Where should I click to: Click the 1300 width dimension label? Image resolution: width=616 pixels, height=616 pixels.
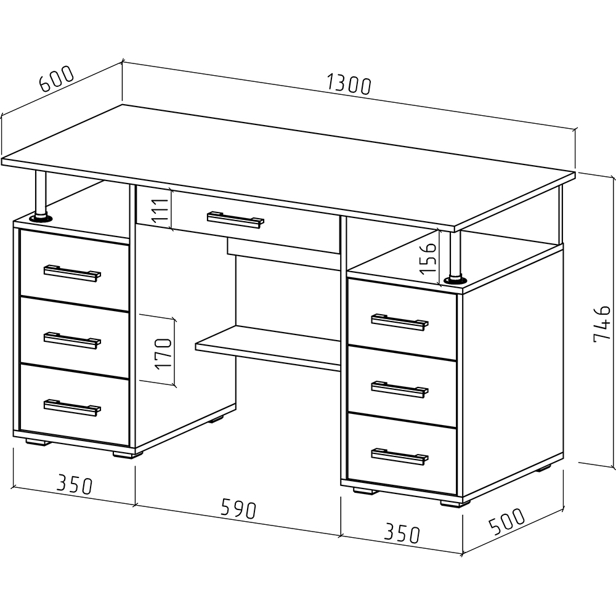click(x=349, y=85)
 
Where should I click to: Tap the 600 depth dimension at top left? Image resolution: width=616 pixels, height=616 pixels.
click(x=57, y=79)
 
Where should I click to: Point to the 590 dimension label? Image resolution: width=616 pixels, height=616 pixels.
click(x=238, y=509)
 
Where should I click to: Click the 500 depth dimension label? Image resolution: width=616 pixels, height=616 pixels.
click(x=506, y=521)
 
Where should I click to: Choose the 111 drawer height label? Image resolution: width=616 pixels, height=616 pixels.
click(x=161, y=211)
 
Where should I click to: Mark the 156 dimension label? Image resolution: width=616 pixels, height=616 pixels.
click(x=428, y=258)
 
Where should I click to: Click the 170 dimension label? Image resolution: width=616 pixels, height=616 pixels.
click(x=163, y=353)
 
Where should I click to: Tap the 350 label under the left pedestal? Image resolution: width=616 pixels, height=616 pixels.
click(x=75, y=484)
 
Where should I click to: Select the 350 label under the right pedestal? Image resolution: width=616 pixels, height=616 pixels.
click(x=402, y=533)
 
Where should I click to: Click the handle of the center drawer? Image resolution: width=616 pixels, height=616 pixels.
click(x=236, y=220)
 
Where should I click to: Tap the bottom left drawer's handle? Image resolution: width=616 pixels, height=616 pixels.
click(x=72, y=407)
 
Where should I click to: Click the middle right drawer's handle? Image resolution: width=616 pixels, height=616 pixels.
click(x=400, y=389)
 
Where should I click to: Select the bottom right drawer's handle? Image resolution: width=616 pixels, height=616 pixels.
click(x=400, y=456)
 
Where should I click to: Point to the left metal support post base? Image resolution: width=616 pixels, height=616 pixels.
click(x=40, y=217)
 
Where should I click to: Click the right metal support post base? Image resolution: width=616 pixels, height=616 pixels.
click(x=455, y=280)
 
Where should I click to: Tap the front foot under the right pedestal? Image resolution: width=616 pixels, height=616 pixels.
click(x=452, y=503)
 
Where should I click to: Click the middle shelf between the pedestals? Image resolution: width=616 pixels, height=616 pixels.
click(x=269, y=349)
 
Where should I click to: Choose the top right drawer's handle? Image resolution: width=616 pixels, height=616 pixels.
click(x=400, y=322)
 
